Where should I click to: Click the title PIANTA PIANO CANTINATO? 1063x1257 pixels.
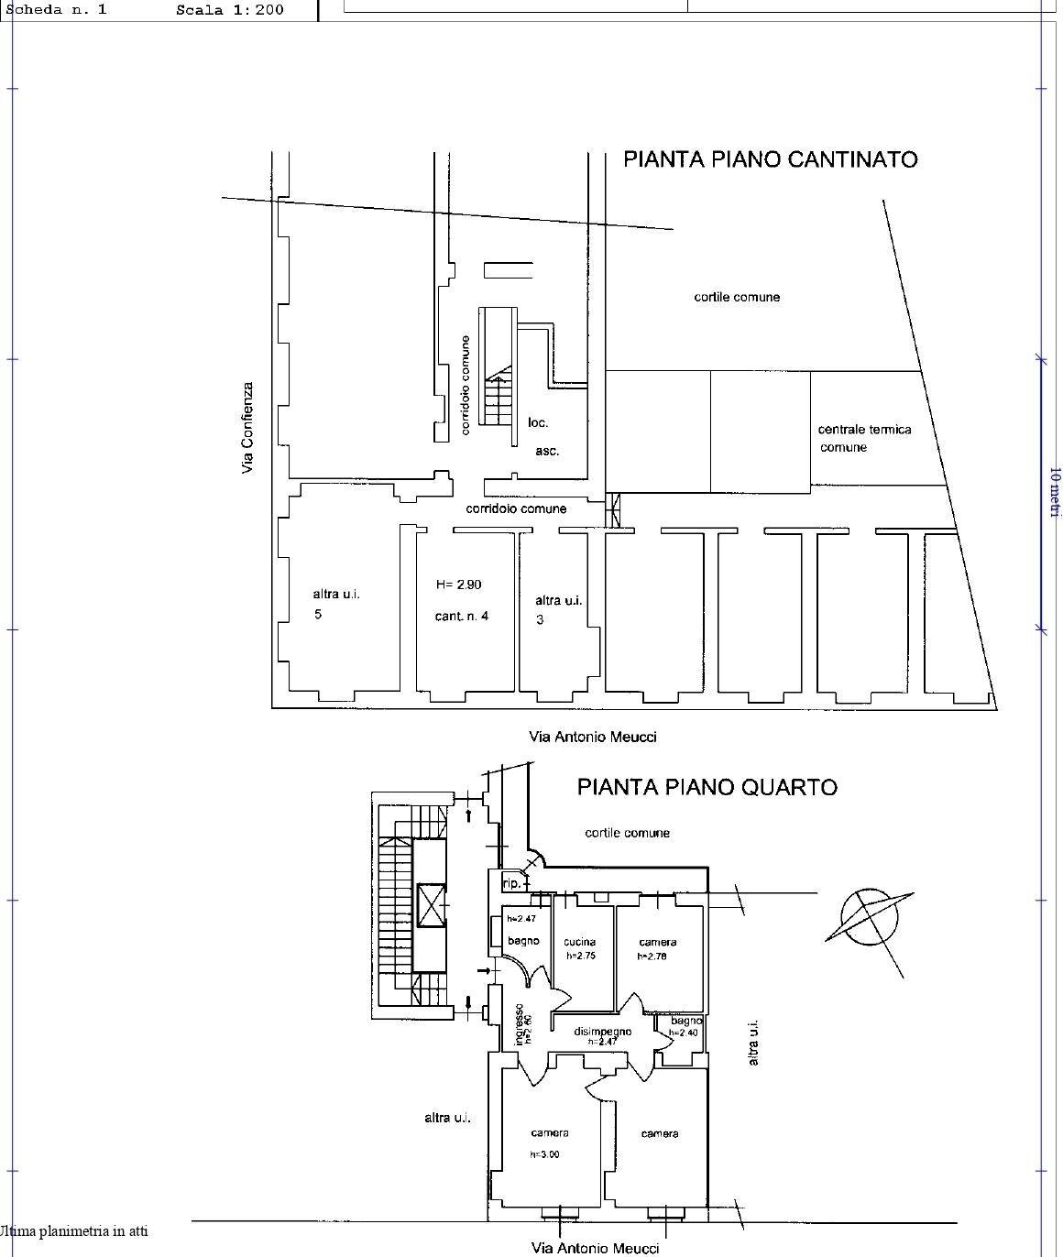(x=770, y=159)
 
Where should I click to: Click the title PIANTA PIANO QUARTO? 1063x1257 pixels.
(x=707, y=787)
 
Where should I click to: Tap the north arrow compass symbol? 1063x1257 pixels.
(x=870, y=915)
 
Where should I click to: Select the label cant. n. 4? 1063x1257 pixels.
(x=461, y=616)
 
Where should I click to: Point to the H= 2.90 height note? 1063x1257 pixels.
(x=458, y=585)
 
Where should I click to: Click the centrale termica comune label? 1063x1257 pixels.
(x=864, y=438)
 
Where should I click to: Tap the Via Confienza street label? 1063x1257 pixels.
(x=247, y=428)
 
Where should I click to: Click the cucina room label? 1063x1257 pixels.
(x=579, y=942)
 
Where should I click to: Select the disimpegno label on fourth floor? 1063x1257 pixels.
(x=602, y=1032)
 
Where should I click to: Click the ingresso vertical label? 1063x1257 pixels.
(x=519, y=1024)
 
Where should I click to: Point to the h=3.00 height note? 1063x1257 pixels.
(x=544, y=1154)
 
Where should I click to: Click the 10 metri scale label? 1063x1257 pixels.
(x=1054, y=491)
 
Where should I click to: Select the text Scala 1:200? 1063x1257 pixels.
(x=229, y=10)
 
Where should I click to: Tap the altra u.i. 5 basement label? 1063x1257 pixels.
(x=335, y=604)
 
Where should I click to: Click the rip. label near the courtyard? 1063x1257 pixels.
(x=511, y=884)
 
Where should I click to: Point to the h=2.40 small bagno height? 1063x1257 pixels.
(x=683, y=1033)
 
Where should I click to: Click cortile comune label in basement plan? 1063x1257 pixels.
(x=737, y=297)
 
